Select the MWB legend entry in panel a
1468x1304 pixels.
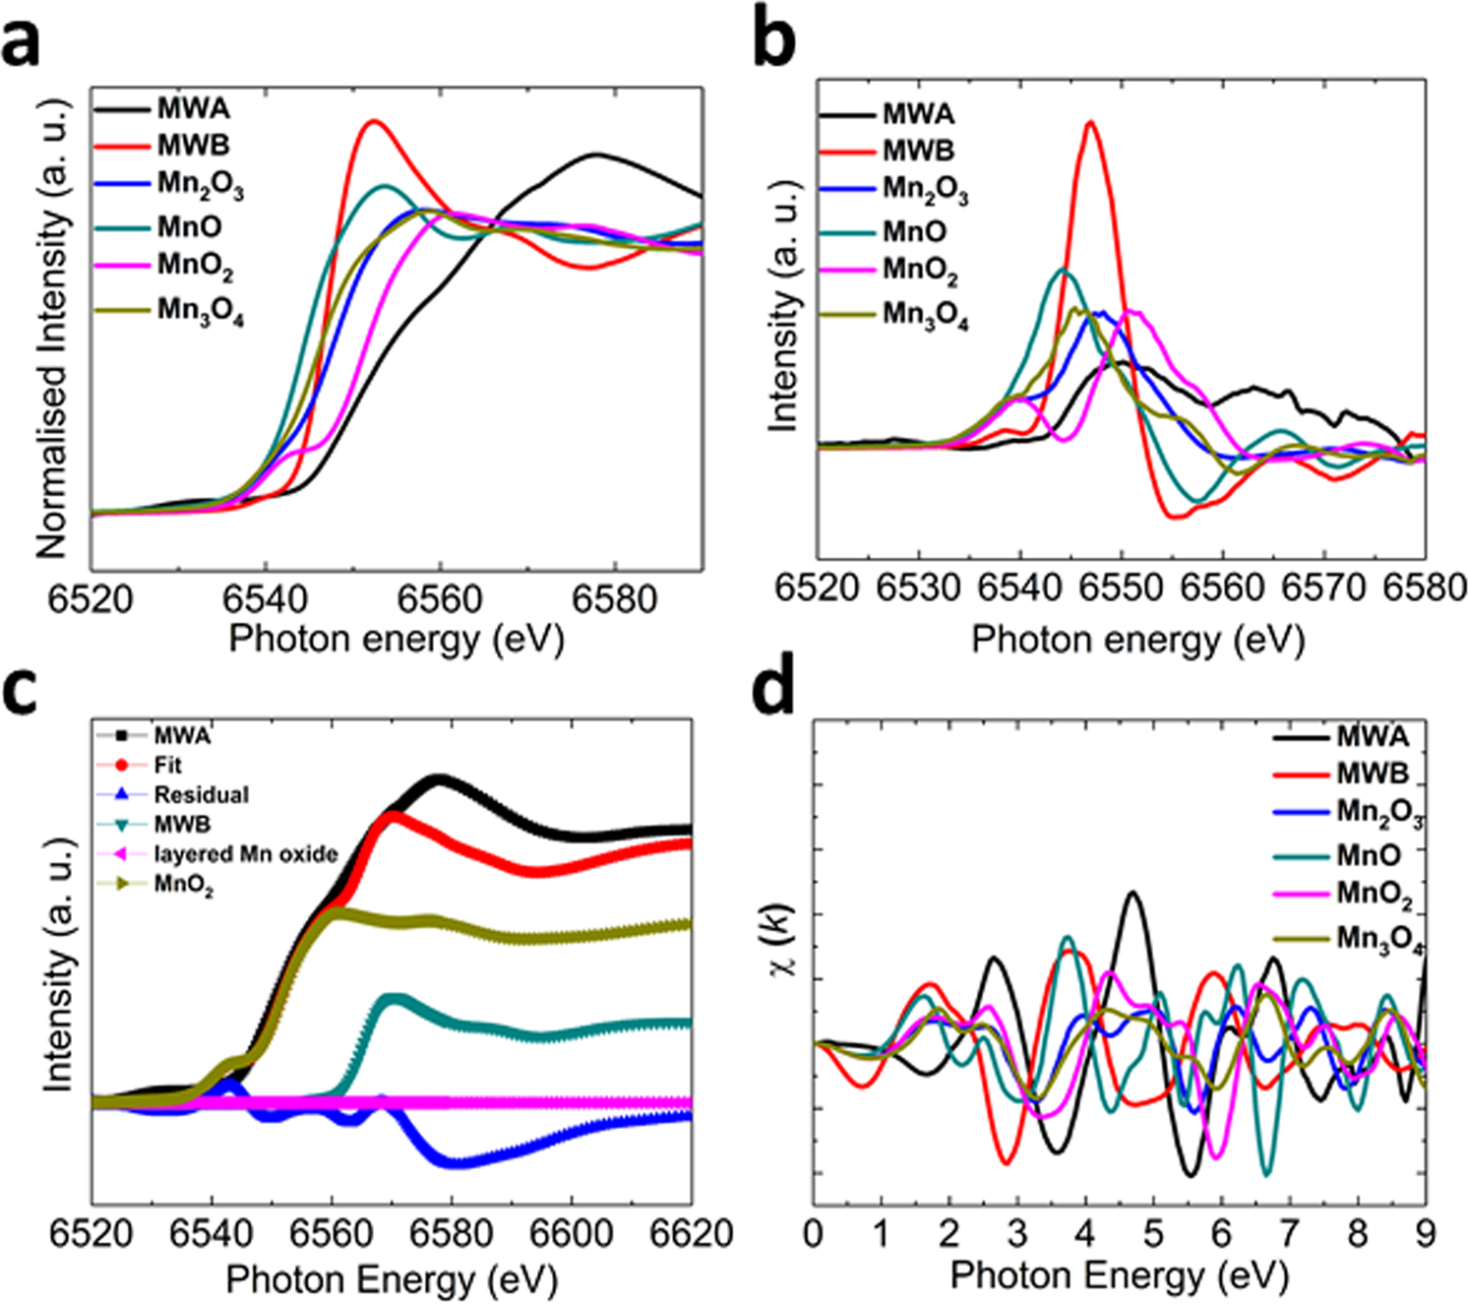pos(193,146)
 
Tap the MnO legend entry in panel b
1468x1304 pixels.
pos(914,231)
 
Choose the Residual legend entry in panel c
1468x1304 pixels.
pos(201,794)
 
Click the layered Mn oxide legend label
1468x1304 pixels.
pos(245,853)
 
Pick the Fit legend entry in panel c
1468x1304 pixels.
pos(167,765)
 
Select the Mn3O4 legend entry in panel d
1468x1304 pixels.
pos(1378,939)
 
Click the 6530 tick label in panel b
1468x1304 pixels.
pos(918,588)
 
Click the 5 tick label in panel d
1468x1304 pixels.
pos(1152,1232)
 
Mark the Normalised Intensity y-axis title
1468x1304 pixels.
pos(53,329)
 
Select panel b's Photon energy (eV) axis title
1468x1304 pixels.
pos(1137,640)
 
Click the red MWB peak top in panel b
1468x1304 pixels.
pos(1089,122)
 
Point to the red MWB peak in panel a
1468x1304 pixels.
pos(372,121)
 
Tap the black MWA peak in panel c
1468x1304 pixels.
pos(439,778)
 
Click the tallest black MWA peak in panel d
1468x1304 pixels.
pos(1132,893)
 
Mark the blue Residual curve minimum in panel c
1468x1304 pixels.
pos(457,1163)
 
